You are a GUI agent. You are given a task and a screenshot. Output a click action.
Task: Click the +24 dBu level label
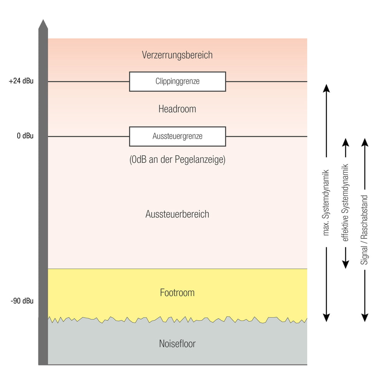point(21,81)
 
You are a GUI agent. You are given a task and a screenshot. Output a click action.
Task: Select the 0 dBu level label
point(25,136)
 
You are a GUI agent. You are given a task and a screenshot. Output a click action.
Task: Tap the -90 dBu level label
point(22,301)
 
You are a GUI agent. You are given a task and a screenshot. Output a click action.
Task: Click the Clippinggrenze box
point(177,81)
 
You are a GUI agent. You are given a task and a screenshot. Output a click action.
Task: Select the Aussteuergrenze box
point(177,136)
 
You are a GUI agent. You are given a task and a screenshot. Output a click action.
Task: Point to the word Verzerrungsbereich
point(177,55)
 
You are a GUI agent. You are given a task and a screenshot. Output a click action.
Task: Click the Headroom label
point(177,109)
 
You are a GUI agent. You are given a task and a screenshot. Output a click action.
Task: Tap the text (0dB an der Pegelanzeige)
point(177,160)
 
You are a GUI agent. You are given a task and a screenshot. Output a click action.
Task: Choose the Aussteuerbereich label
point(177,214)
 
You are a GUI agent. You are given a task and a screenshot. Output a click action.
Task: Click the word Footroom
point(177,293)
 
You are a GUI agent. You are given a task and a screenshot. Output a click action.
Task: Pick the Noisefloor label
point(177,344)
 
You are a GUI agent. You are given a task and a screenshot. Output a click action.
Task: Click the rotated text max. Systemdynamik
point(326,202)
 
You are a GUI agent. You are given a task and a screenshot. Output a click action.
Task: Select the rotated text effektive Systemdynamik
point(345,202)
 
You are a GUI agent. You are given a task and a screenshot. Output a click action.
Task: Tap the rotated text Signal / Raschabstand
point(365,230)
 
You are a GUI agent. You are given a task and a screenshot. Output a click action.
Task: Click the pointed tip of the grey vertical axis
point(43,22)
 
